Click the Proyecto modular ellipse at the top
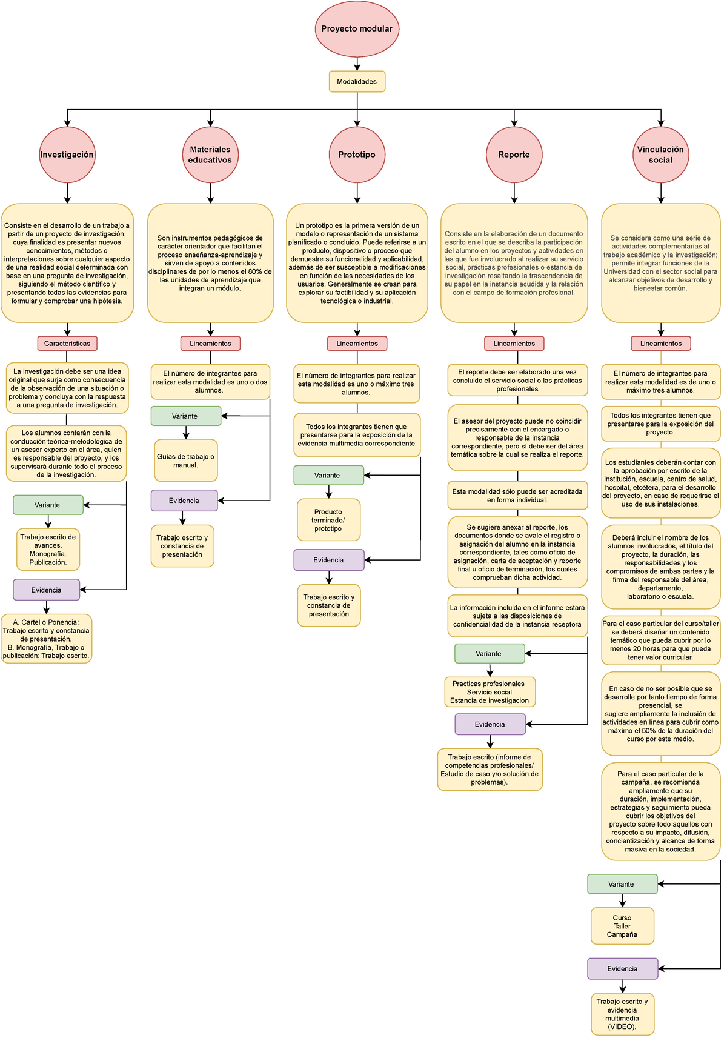coord(357,28)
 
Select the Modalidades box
coord(357,82)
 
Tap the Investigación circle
coord(67,155)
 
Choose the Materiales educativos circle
coord(210,155)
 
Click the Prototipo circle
coord(357,155)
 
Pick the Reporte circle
coord(514,155)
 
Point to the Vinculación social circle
coord(660,155)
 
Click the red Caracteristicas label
coord(67,344)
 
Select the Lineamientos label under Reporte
coord(514,344)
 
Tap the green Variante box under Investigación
coord(48,505)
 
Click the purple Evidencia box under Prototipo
coord(329,560)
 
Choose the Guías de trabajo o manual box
coord(185,461)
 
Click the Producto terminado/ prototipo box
coord(328,520)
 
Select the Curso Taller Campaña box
coord(622,926)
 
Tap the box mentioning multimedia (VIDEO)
coord(622,1014)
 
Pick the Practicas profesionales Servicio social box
coord(490,692)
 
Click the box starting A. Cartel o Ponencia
coord(46,639)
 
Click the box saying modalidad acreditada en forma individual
coord(517,496)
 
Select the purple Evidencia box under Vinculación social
coord(622,968)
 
